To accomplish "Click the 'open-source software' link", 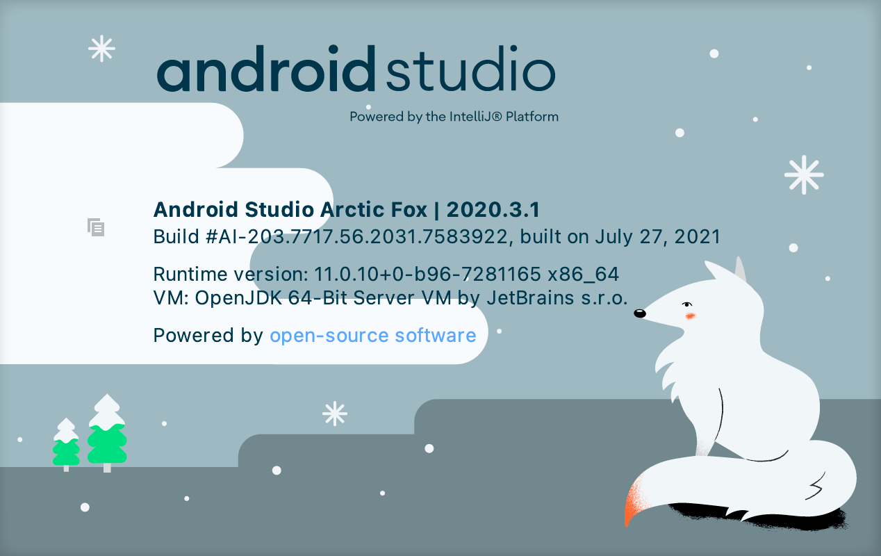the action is pos(373,336).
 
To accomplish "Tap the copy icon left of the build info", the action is pos(96,227).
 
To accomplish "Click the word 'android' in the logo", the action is pos(266,69).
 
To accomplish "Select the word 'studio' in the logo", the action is pos(470,69).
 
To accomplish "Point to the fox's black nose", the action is pos(640,313).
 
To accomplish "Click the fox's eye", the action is pos(686,304).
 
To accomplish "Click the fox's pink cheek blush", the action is pos(690,316).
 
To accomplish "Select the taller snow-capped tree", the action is pos(107,433).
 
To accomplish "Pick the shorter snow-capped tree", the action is pos(66,445).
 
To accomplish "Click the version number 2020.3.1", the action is pos(493,209).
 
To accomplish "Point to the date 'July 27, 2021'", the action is pos(657,237).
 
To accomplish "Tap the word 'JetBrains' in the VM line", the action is pos(530,297).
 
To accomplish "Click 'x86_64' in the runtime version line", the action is pos(584,275).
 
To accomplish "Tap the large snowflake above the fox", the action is pos(804,174).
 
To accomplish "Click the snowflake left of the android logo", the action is pos(102,49).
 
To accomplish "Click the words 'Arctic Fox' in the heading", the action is pos(374,209).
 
